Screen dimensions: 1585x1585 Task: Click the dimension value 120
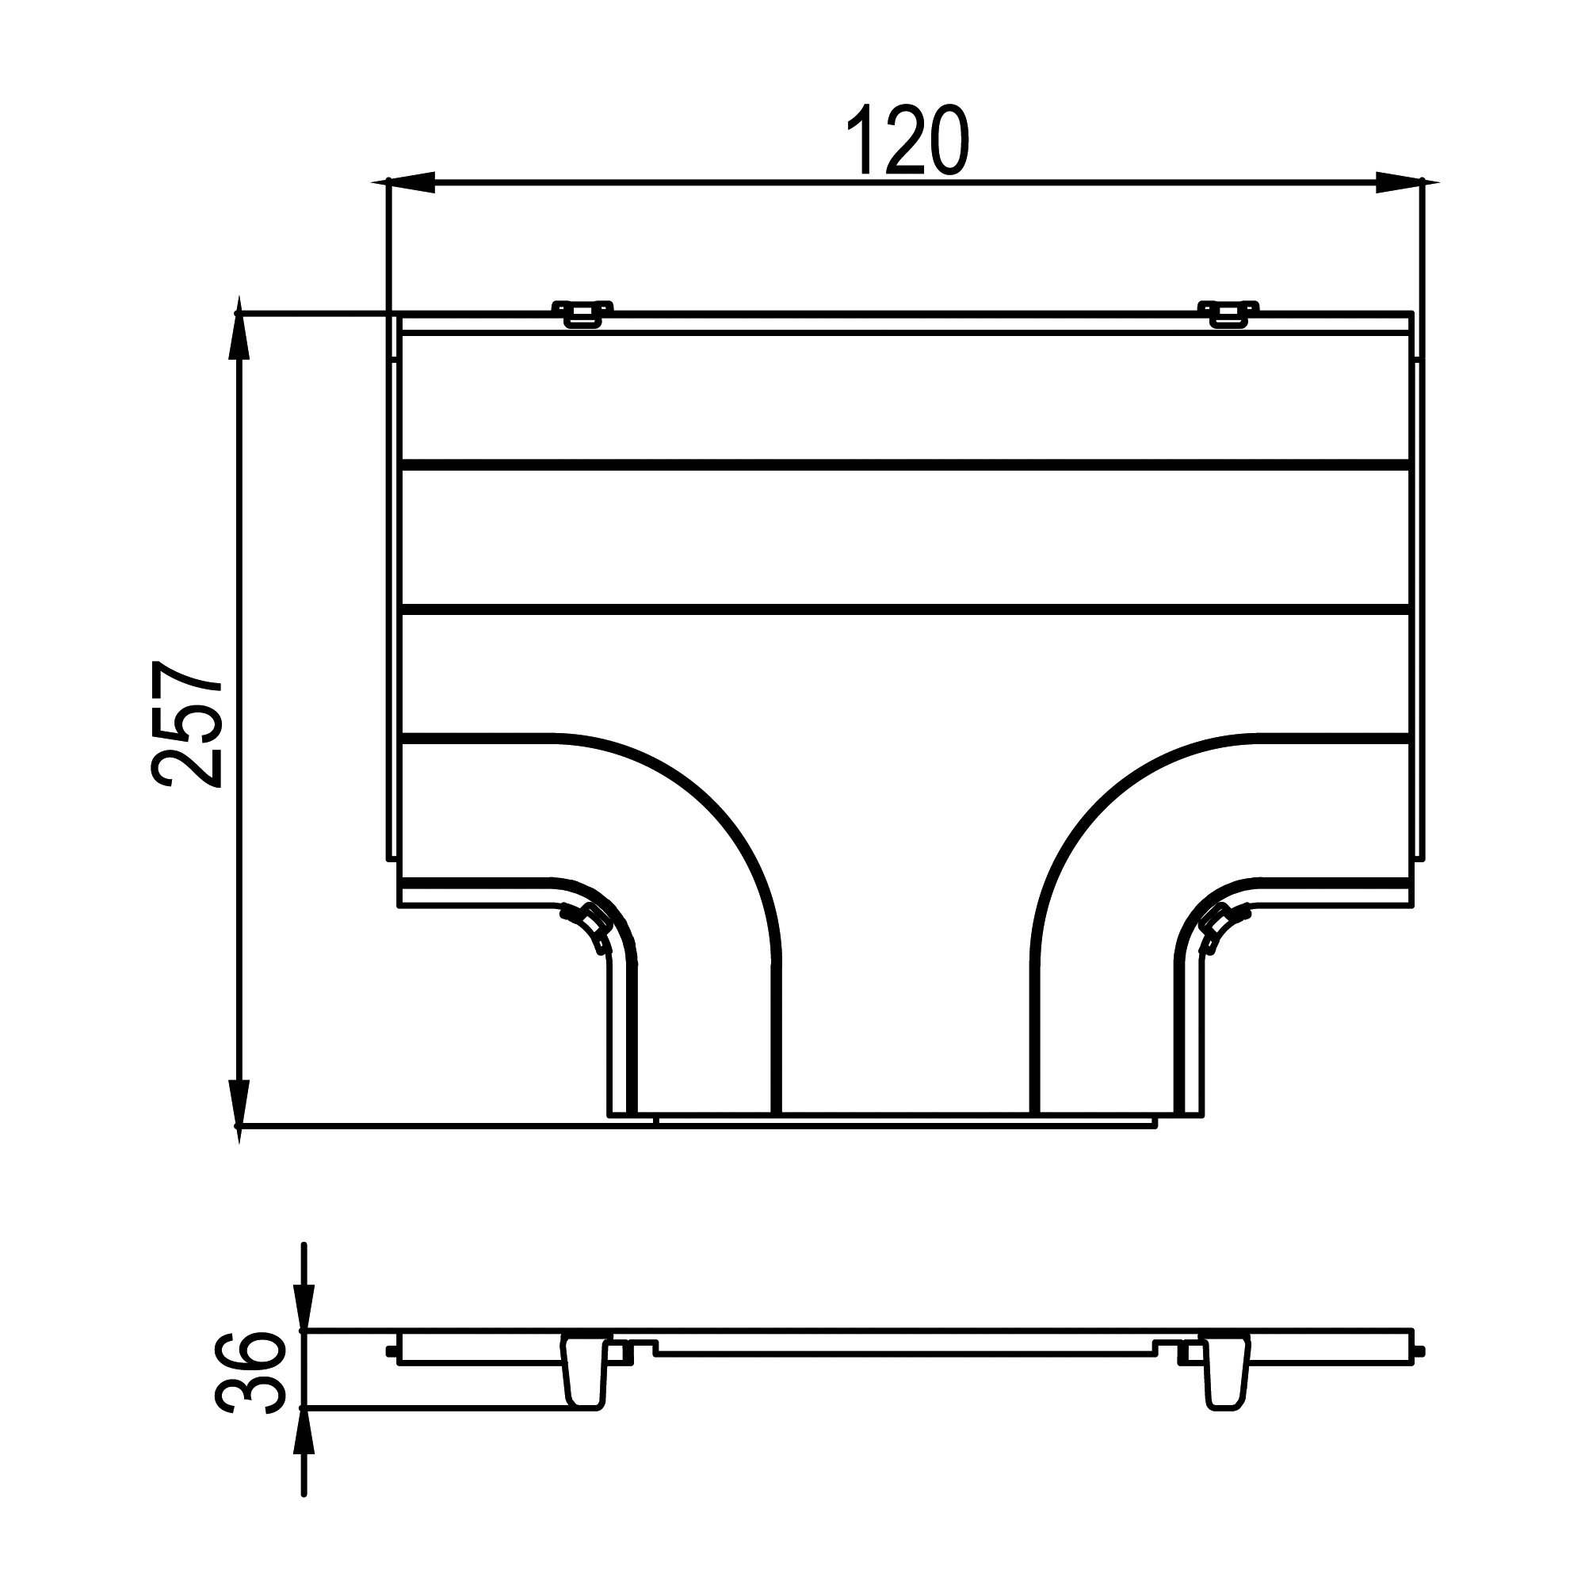[x=908, y=140]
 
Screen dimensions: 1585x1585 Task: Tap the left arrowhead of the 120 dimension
[x=411, y=182]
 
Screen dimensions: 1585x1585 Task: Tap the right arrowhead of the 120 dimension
[x=1400, y=182]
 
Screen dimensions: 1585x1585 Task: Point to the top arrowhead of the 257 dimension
[x=239, y=336]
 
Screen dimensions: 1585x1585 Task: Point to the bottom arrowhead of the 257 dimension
[x=239, y=1104]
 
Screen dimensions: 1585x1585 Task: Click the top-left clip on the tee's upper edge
[x=582, y=313]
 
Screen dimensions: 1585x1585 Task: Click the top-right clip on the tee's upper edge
[x=1228, y=313]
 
